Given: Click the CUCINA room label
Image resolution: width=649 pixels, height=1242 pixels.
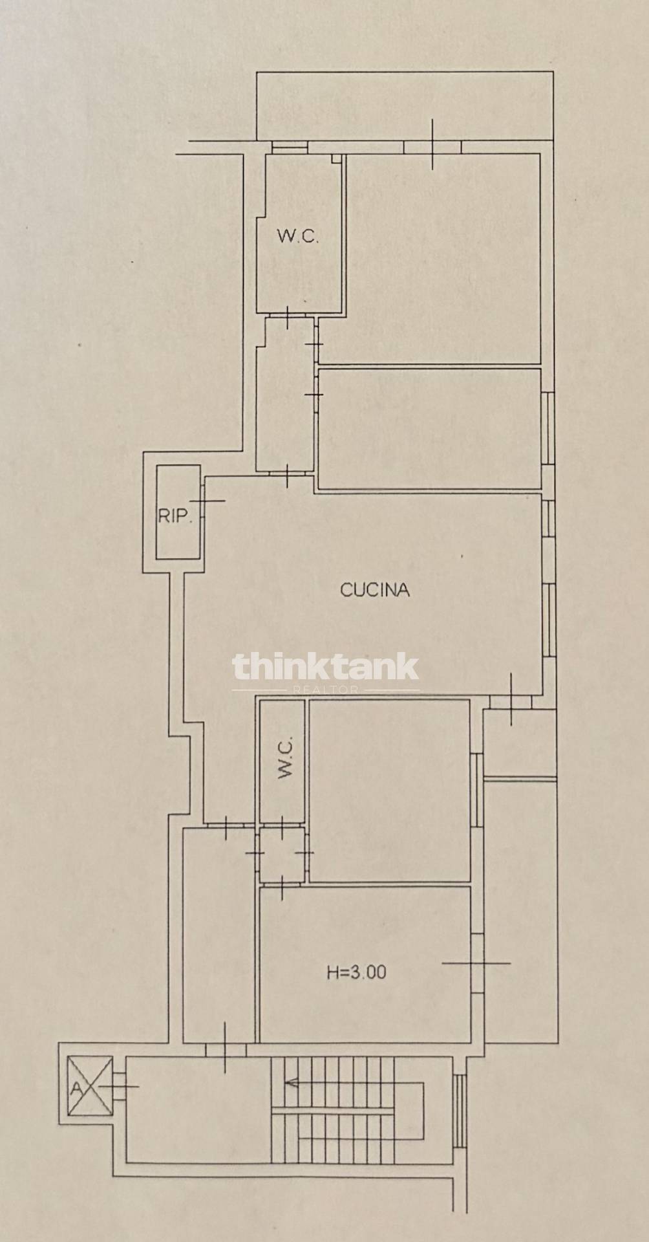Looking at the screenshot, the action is click(x=375, y=590).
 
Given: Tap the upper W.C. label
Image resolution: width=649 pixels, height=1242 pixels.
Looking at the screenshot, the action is click(x=298, y=236).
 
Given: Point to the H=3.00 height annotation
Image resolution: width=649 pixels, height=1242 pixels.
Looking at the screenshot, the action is click(x=356, y=972).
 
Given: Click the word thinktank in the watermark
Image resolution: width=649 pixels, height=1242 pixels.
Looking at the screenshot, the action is click(x=325, y=667).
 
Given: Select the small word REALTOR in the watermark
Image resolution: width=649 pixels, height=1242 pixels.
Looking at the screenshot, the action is click(x=325, y=690).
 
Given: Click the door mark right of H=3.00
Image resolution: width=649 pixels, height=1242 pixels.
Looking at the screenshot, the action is click(x=477, y=963).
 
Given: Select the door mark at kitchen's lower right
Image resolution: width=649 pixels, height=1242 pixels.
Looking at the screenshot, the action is click(x=511, y=701).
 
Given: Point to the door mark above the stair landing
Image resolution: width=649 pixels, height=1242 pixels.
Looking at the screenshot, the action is click(x=225, y=1049).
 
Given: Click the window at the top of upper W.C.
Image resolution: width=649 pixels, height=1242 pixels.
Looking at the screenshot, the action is click(x=288, y=147).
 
